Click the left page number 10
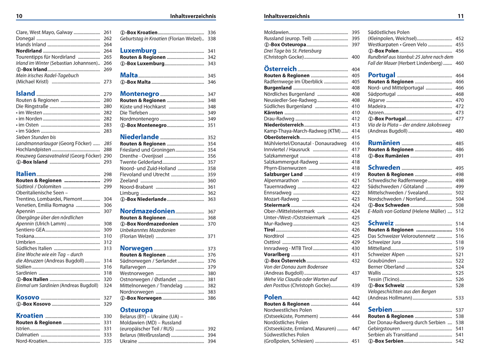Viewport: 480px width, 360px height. coord(19,16)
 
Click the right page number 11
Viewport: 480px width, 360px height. coord(460,16)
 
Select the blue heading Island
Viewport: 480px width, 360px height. coord(25,93)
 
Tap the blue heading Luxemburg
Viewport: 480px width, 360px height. coord(138,50)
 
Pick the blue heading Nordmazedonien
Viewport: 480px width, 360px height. coord(147,211)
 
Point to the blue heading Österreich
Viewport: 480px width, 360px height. coord(280,69)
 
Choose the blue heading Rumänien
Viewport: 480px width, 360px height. coord(384,143)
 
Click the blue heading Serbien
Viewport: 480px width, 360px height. coord(380,309)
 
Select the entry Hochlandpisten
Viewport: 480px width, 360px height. coord(34,149)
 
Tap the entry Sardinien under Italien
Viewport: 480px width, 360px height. coord(27,273)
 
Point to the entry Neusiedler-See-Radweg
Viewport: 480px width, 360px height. coord(290,100)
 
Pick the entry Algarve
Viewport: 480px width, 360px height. coord(376,100)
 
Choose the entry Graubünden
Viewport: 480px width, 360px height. coord(382,260)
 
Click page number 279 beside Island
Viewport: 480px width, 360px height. coord(108,94)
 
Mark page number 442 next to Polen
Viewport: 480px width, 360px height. coord(356,298)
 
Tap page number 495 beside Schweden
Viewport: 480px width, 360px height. coord(460,168)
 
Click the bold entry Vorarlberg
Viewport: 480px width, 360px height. coord(277,255)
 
